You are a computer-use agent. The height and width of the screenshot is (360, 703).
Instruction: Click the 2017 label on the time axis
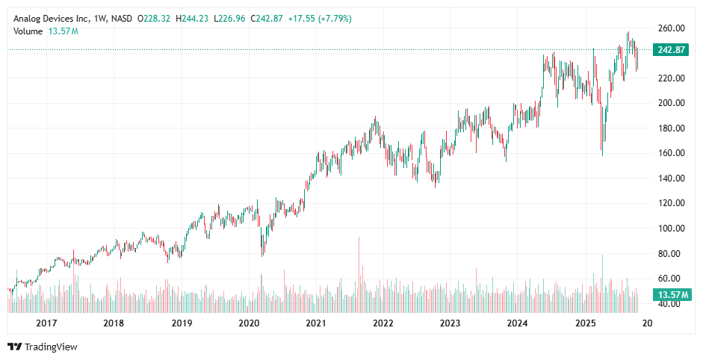46,323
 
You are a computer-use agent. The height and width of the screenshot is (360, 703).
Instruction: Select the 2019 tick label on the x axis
182,323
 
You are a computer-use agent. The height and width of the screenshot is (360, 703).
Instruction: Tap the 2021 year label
316,323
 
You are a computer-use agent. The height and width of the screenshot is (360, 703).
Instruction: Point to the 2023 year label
450,323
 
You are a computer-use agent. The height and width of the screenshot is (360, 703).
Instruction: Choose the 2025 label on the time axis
586,323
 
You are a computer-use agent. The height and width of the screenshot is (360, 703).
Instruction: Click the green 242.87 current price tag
670,50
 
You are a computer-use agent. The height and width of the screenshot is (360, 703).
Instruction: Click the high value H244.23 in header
191,18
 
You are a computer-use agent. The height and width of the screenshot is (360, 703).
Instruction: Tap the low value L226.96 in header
229,18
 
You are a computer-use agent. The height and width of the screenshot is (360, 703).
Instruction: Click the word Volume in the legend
29,31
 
